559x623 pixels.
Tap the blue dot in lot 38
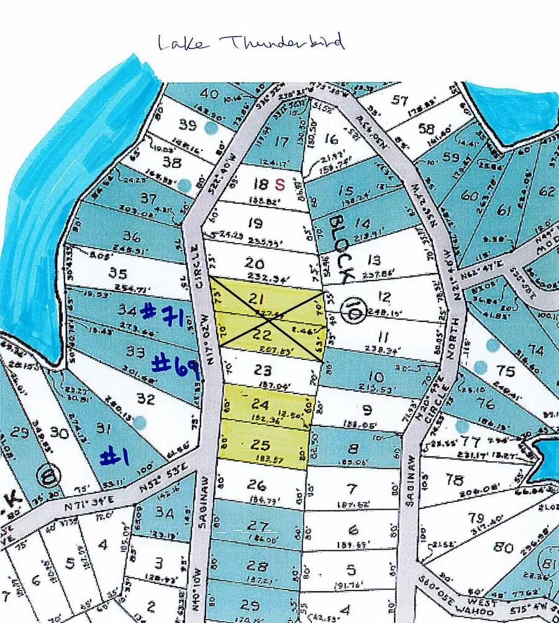(x=184, y=185)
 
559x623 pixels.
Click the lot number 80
(x=504, y=547)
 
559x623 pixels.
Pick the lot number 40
(x=210, y=94)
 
